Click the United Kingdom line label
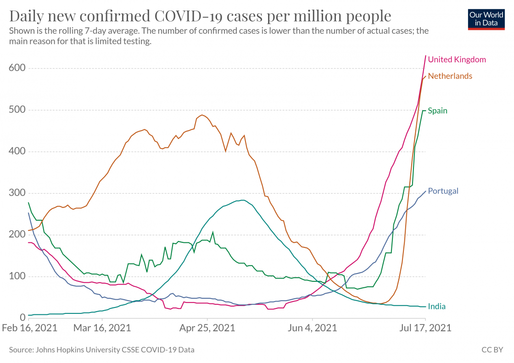457,59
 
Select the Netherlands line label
450,76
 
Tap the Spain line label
437,111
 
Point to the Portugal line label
443,191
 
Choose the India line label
436,307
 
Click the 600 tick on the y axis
17,68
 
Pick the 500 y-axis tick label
17,110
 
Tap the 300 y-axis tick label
17,193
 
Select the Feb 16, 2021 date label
29,328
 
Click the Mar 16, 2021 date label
102,328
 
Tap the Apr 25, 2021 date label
207,328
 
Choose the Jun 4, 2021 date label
312,328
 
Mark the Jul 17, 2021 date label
425,328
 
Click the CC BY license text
492,350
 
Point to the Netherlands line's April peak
202,115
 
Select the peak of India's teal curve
242,200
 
